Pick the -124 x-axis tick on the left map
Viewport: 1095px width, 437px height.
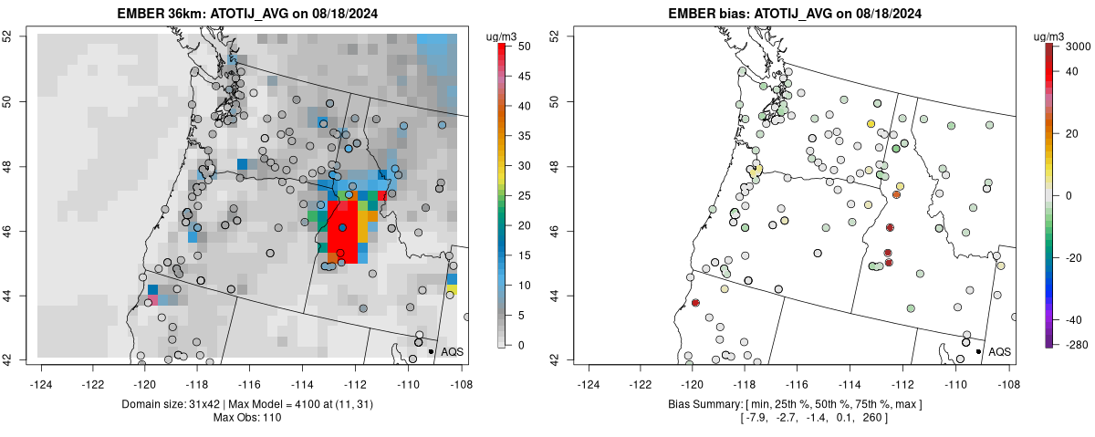tap(41, 374)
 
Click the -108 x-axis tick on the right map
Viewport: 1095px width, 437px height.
tap(1008, 374)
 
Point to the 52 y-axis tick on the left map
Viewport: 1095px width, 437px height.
tap(18, 36)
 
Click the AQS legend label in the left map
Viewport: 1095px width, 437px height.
tap(452, 351)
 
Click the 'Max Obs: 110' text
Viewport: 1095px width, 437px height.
tap(250, 417)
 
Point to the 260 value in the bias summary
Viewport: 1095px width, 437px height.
tap(871, 418)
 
